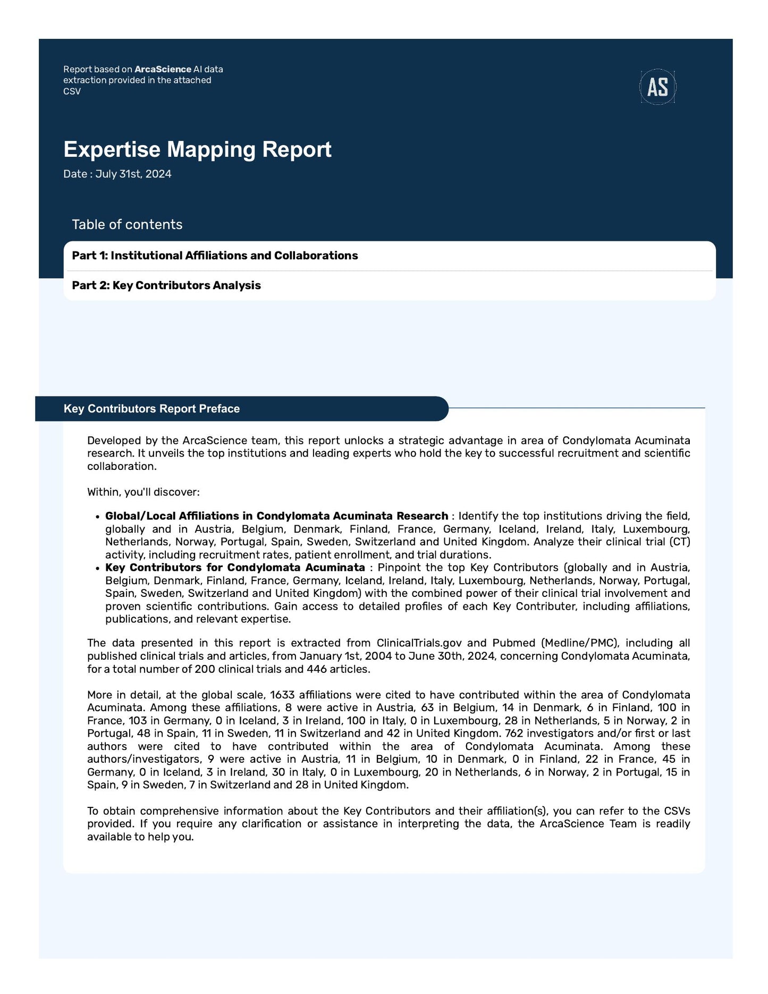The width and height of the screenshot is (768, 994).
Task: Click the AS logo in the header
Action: click(657, 87)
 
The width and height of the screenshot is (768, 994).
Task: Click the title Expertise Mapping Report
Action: click(197, 149)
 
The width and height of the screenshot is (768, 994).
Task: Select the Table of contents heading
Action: click(127, 224)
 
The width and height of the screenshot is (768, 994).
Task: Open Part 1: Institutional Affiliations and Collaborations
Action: click(215, 256)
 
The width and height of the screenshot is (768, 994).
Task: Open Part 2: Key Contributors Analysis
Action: click(166, 285)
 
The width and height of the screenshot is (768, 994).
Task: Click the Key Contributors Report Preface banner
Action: click(151, 409)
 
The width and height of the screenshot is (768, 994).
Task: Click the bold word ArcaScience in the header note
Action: click(163, 69)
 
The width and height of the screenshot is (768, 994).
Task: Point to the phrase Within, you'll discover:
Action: click(143, 492)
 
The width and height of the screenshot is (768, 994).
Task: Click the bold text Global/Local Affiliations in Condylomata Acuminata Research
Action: click(276, 516)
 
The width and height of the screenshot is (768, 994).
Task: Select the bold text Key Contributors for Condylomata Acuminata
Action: click(235, 568)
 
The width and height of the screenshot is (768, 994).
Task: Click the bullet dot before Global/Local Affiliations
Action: click(97, 517)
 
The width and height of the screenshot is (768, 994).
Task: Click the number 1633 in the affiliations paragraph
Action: click(282, 695)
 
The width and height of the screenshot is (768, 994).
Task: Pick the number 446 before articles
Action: click(316, 669)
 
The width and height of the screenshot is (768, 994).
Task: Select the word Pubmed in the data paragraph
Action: click(514, 643)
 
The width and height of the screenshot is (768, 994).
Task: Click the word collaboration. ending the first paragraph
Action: click(122, 466)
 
